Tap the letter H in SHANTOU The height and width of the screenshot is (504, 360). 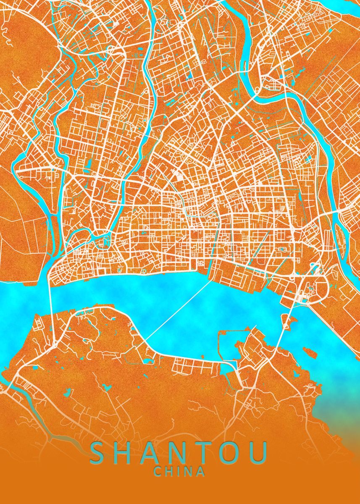pos(126,454)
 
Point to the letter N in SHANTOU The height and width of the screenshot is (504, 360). pos(181,454)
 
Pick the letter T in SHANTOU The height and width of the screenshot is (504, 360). pos(206,454)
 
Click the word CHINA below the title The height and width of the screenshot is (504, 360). pos(180,472)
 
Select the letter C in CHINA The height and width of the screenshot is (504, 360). pos(158,472)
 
